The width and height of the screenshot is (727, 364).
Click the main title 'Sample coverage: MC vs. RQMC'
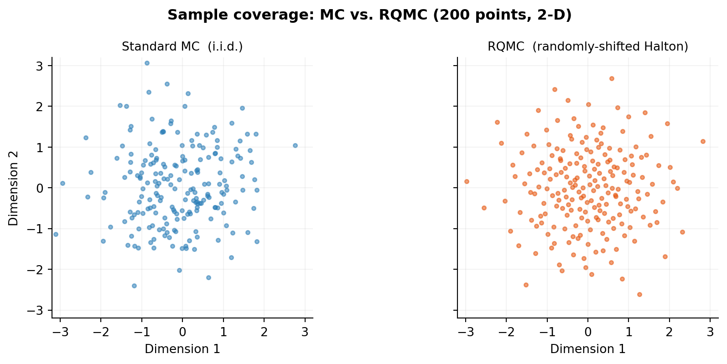tap(369, 15)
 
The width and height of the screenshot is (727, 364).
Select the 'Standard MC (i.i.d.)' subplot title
tap(182, 46)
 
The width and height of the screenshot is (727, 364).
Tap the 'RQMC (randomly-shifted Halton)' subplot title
tap(587, 46)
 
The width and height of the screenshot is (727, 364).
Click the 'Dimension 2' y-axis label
tap(13, 188)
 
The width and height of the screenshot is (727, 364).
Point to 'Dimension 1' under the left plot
tap(182, 349)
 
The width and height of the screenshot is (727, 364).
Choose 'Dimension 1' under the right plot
tap(587, 349)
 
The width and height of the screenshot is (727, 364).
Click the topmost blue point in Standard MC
tap(147, 63)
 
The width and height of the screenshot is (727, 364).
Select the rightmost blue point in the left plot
tap(295, 145)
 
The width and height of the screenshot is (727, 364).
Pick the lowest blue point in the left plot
tap(134, 286)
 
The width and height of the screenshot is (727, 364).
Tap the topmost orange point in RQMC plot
tap(612, 78)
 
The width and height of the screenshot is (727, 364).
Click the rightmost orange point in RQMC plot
tap(703, 141)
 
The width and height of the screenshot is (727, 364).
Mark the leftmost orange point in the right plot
tap(467, 181)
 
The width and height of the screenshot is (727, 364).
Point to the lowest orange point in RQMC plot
tap(639, 294)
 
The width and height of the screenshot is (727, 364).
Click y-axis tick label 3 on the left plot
tap(39, 66)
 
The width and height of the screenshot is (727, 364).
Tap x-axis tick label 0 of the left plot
tap(182, 332)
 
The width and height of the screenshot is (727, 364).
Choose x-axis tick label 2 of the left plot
tap(264, 332)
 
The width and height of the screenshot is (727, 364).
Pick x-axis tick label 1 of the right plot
tap(628, 332)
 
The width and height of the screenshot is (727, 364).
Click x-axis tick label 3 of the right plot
tap(710, 332)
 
